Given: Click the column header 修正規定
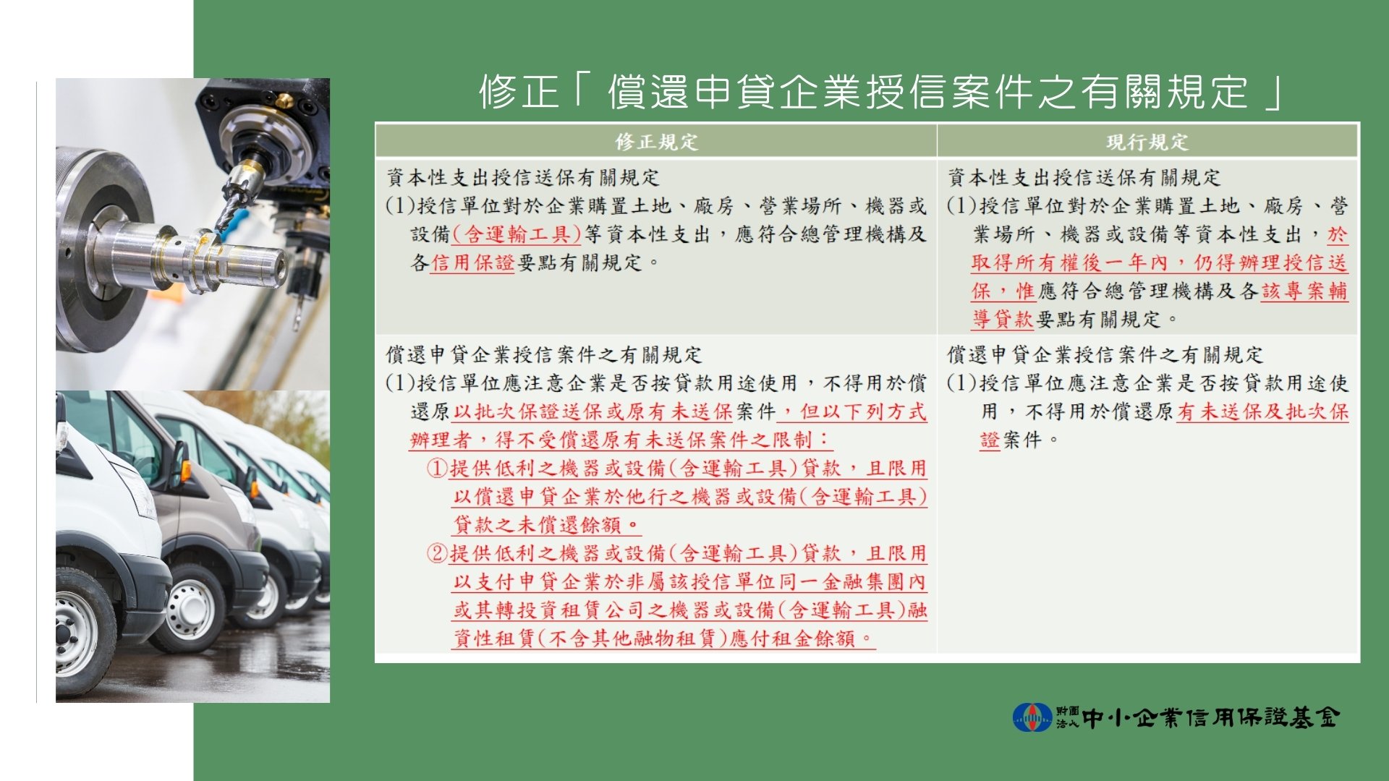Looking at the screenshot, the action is pyautogui.click(x=656, y=142).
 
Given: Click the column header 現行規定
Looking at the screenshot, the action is pyautogui.click(x=1147, y=142).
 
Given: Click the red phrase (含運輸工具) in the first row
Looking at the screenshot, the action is pyautogui.click(x=517, y=234).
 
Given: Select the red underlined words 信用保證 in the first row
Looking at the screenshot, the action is pyautogui.click(x=472, y=263).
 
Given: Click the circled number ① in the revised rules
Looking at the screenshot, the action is pyautogui.click(x=437, y=469).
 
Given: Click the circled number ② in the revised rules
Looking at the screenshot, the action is pyautogui.click(x=437, y=554).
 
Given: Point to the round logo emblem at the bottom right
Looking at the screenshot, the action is pyautogui.click(x=1032, y=717).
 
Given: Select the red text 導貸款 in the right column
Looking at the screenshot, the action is pyautogui.click(x=1003, y=319).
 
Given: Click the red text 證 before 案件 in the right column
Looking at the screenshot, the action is pyautogui.click(x=990, y=440).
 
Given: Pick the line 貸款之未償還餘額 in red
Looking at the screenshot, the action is pyautogui.click(x=547, y=525).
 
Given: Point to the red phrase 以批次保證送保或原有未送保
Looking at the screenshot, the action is pyautogui.click(x=593, y=411).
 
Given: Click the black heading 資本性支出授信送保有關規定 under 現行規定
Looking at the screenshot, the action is pyautogui.click(x=1084, y=177).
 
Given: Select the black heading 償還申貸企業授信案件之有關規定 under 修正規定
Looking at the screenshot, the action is pyautogui.click(x=544, y=354).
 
